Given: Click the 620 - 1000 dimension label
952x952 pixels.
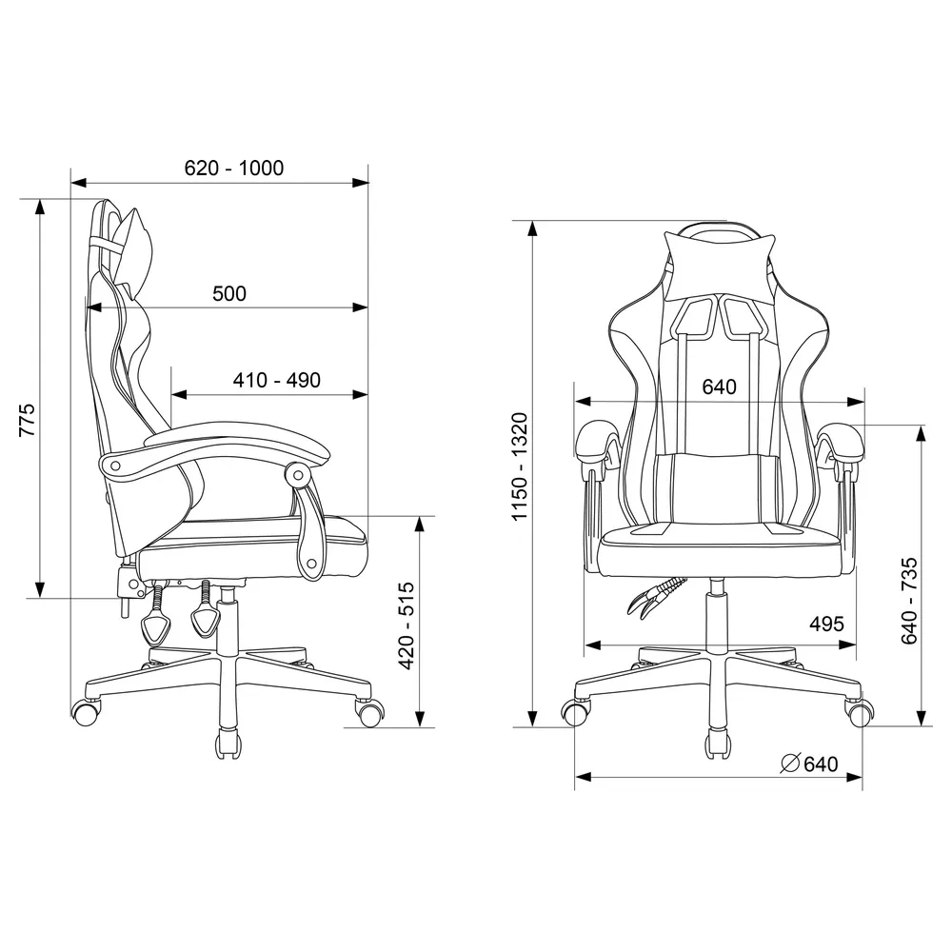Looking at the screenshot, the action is [x=234, y=169].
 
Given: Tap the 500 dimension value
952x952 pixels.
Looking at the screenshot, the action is [x=229, y=294].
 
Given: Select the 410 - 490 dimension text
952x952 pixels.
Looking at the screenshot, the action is [x=277, y=380].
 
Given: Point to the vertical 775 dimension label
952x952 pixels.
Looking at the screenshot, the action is [x=28, y=420].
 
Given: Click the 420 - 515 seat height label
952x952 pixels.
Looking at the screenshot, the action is [x=407, y=626].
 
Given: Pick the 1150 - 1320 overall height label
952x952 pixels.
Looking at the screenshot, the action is [x=521, y=466].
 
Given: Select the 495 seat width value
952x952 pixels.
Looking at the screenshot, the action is [x=826, y=624].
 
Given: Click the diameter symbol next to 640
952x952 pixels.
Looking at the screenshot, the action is [x=789, y=764].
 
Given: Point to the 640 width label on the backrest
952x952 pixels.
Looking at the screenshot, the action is [x=720, y=387].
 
